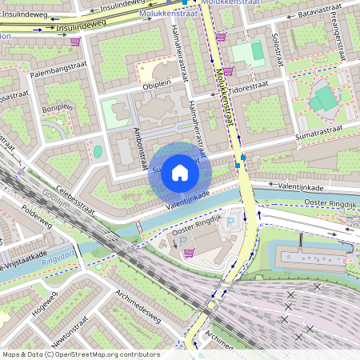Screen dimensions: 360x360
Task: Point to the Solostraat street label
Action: [278, 50]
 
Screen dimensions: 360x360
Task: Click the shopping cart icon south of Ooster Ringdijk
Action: [190, 254]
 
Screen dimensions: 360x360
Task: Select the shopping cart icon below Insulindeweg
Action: [75, 42]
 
